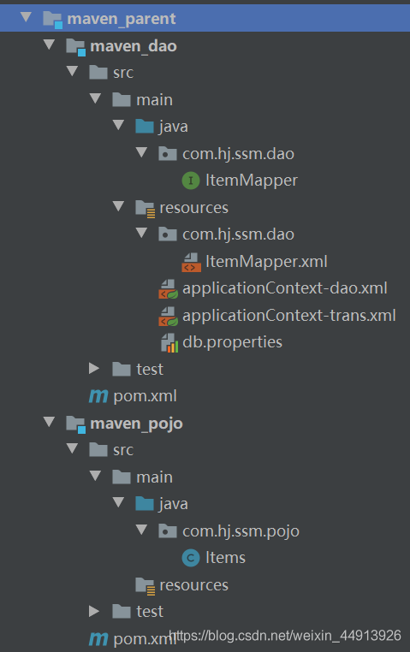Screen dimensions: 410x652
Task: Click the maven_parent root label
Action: [x=121, y=19]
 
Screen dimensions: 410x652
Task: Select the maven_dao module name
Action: [x=133, y=46]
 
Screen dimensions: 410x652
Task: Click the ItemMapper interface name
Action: [x=252, y=181]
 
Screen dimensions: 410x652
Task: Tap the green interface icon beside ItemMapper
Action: [x=191, y=181]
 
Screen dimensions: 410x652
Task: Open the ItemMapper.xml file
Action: [x=266, y=262]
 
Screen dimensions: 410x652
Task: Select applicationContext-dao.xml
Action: [x=285, y=288]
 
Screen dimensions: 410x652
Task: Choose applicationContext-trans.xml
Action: [x=289, y=315]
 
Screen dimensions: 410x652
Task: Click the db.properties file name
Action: [x=233, y=342]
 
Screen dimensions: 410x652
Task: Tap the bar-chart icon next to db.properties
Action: [x=169, y=342]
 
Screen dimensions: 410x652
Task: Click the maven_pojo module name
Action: [x=136, y=424]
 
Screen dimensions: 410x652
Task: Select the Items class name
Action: [x=225, y=558]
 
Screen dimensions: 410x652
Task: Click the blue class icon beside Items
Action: [x=191, y=558]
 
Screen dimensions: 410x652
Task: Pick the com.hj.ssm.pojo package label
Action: [x=241, y=531]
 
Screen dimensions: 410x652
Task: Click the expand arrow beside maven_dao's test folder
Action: [x=94, y=369]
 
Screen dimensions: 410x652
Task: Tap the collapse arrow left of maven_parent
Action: [x=27, y=17]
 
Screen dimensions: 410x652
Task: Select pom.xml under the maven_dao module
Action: [x=145, y=396]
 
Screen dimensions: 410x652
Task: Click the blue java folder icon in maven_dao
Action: [x=145, y=126]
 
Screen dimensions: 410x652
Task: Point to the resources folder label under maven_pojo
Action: [x=193, y=585]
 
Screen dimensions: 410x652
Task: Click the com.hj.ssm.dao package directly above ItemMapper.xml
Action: [x=238, y=234]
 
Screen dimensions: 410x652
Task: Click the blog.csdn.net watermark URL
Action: [x=285, y=636]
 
